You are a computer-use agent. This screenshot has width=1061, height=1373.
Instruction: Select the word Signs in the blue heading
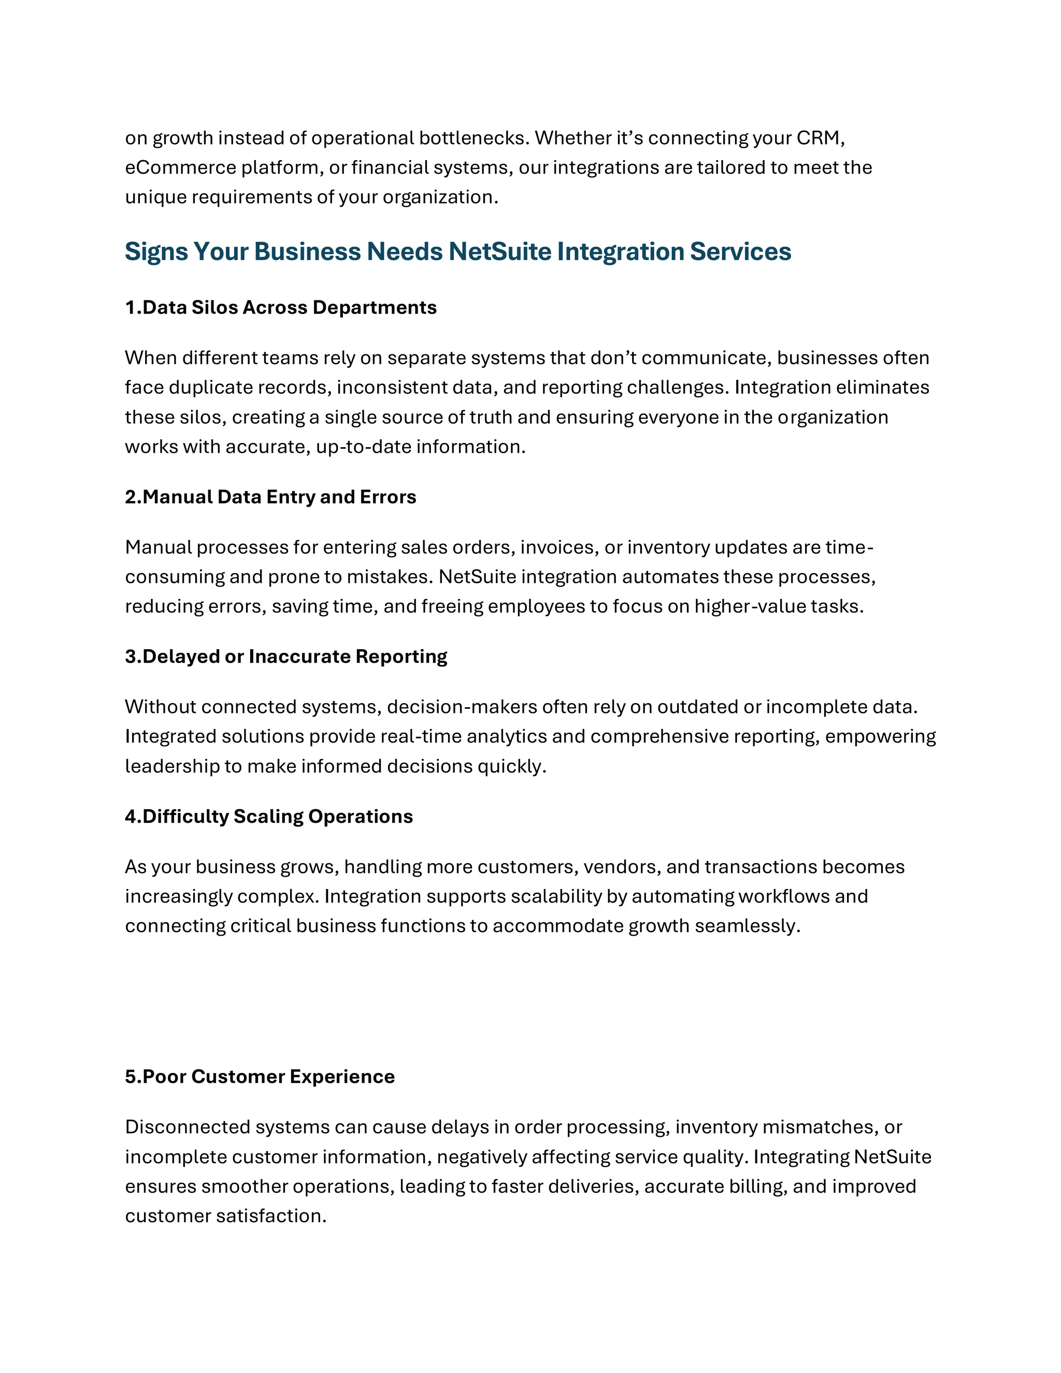point(156,251)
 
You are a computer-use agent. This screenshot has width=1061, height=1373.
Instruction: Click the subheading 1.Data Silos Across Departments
point(280,307)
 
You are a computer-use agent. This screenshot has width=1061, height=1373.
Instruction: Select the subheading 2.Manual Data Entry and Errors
point(270,497)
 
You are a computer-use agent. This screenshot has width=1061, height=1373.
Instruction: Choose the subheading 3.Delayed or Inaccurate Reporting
point(286,657)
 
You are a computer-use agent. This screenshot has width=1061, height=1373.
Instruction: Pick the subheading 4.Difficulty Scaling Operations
point(268,817)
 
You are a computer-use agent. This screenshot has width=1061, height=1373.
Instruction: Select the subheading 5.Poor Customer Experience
point(260,1077)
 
